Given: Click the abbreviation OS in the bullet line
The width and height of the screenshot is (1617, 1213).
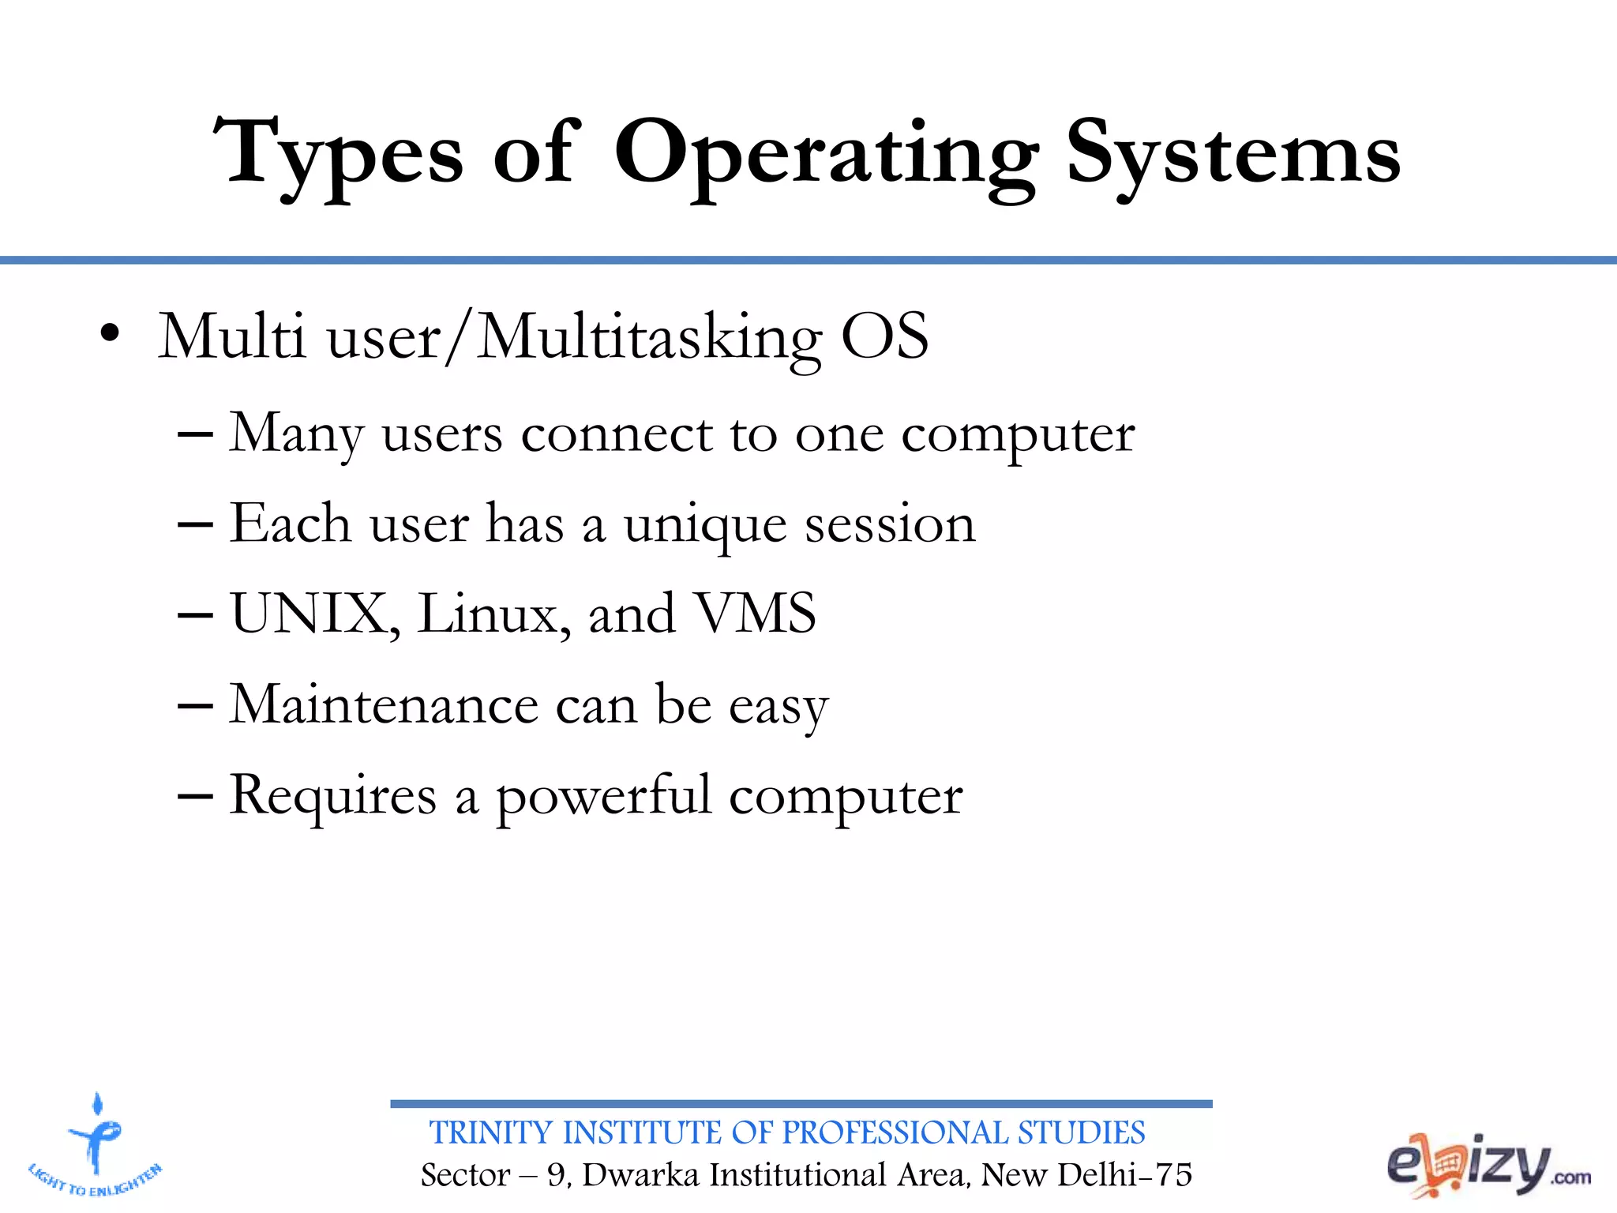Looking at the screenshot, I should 884,336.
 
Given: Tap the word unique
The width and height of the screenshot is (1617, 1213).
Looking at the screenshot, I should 704,526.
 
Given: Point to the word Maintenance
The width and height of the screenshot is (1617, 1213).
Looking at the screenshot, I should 384,704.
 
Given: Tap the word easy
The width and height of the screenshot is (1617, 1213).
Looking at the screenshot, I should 778,707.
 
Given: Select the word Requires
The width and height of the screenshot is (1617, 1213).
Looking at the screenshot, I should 332,796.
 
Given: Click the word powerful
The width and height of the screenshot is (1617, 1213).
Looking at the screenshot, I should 603,798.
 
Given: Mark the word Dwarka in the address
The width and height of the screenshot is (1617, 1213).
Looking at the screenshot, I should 640,1175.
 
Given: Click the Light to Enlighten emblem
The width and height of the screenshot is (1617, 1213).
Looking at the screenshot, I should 96,1145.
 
